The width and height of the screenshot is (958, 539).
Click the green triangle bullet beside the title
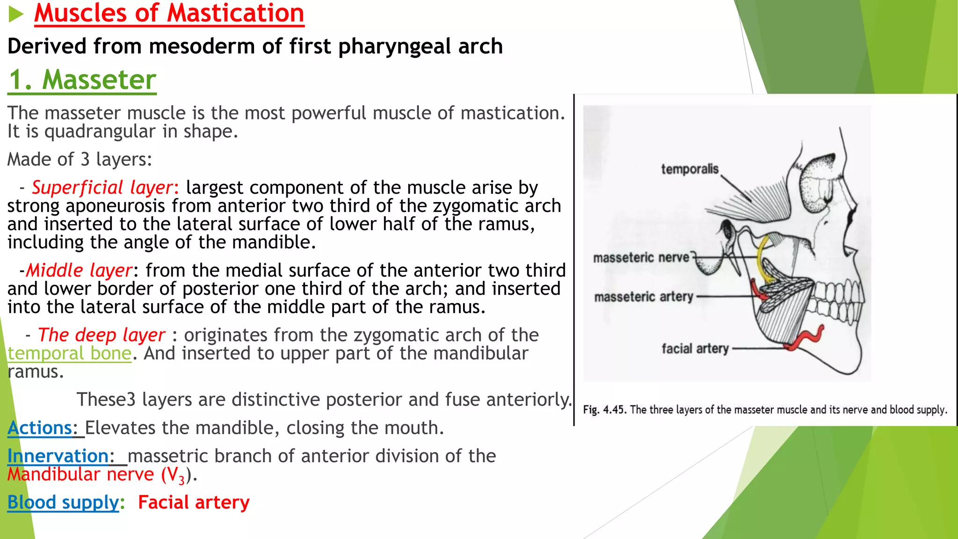(x=15, y=15)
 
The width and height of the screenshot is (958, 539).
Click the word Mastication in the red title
(x=235, y=13)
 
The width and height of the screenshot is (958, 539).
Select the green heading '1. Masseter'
(x=82, y=80)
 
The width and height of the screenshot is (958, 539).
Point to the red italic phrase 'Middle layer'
(x=79, y=270)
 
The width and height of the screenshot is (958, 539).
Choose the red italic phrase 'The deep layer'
(x=102, y=335)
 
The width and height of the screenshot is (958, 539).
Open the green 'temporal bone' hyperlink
(x=69, y=353)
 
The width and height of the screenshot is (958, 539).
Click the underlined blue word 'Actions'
(x=40, y=428)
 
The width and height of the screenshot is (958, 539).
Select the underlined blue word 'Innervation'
(x=58, y=456)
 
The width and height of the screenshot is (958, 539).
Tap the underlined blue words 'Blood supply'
(x=63, y=503)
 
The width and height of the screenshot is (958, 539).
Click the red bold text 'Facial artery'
(x=194, y=503)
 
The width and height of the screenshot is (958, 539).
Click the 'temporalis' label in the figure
(x=689, y=169)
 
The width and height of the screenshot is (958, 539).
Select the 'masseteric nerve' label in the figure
(x=641, y=257)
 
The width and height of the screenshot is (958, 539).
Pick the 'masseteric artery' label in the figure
(x=643, y=297)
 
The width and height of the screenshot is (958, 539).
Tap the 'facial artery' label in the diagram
(x=695, y=349)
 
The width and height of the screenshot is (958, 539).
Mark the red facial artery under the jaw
(x=806, y=338)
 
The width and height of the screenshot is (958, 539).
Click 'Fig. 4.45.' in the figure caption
(x=604, y=410)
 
